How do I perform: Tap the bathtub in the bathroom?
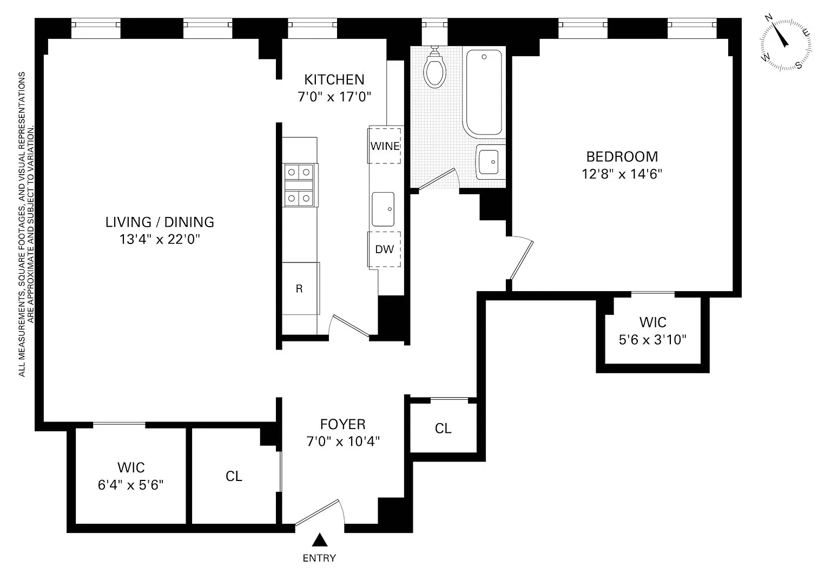click(484, 93)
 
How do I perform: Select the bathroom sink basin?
click(489, 162)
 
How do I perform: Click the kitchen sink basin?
click(383, 209)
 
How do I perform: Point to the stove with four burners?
click(299, 185)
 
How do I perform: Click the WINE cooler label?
click(385, 146)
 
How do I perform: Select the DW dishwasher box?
click(384, 249)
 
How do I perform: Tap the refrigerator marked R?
click(300, 288)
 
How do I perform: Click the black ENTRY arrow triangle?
click(319, 540)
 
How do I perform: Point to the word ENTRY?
click(319, 558)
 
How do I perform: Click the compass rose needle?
click(780, 36)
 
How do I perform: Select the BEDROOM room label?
click(622, 156)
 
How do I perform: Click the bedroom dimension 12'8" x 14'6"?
click(622, 174)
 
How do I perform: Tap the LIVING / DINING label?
click(160, 222)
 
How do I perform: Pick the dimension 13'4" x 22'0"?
click(160, 239)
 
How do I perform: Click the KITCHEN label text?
click(334, 80)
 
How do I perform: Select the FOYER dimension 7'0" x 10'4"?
click(343, 441)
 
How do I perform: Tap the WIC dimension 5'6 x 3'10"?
click(652, 340)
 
